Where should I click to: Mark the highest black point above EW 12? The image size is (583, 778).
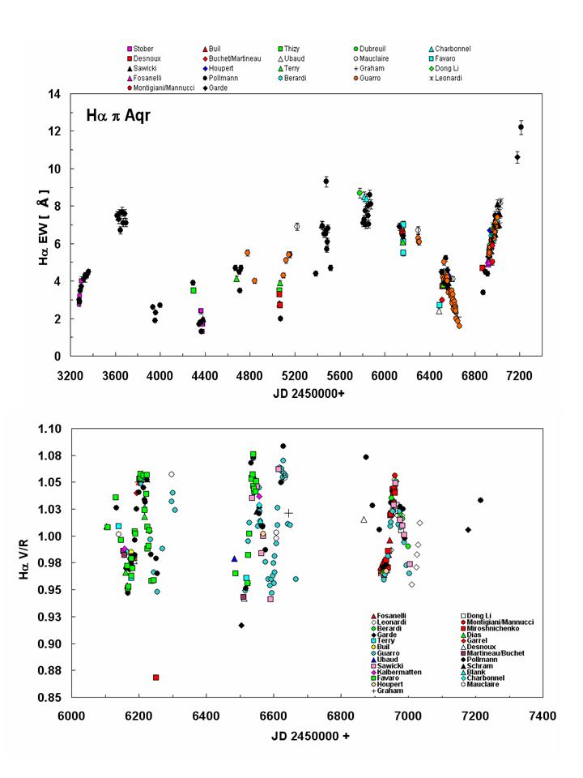click(521, 127)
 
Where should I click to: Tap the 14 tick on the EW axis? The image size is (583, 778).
click(53, 94)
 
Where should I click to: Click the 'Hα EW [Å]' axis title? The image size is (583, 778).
click(24, 225)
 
